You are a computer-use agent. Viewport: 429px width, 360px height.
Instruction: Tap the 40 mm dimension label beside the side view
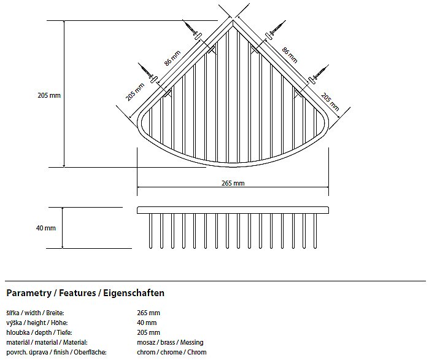click(x=46, y=228)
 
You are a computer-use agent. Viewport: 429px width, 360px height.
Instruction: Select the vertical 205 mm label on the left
click(x=49, y=95)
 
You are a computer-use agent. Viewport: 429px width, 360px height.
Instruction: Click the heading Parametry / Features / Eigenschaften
click(x=85, y=293)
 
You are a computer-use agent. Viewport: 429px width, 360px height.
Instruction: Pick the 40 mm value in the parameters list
click(x=147, y=323)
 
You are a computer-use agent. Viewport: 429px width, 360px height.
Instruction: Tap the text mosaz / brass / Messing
click(x=170, y=342)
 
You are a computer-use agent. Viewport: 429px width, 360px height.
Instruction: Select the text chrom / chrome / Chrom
click(x=171, y=352)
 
